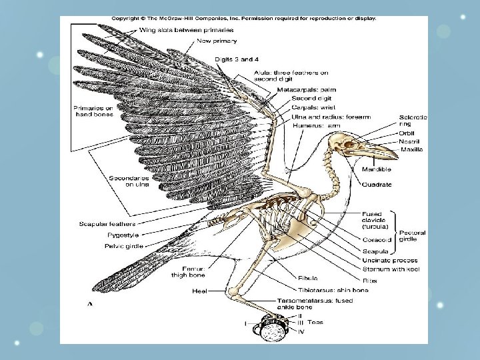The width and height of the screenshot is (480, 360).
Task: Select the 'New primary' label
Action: click(x=215, y=41)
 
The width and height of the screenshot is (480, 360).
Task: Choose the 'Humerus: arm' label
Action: click(x=317, y=125)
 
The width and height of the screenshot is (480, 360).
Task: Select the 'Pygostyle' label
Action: click(x=124, y=235)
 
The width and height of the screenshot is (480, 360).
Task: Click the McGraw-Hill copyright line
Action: click(x=243, y=19)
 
